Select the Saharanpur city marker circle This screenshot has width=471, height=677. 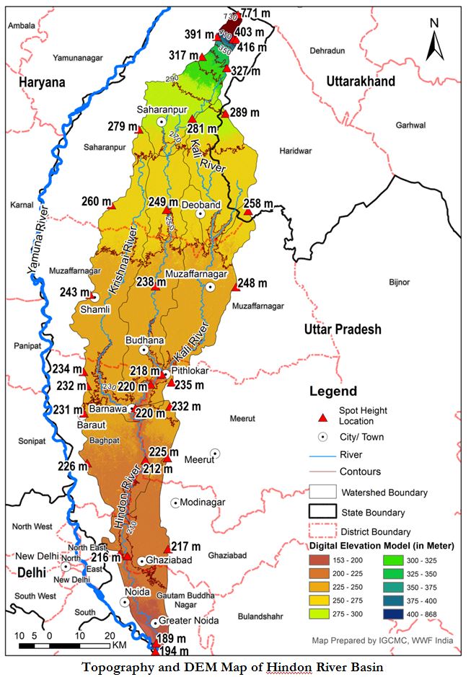click(161, 122)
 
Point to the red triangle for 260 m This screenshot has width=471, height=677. click(111, 206)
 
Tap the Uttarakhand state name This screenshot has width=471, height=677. click(360, 81)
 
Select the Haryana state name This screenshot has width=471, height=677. click(43, 82)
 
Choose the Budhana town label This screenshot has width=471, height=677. click(145, 340)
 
